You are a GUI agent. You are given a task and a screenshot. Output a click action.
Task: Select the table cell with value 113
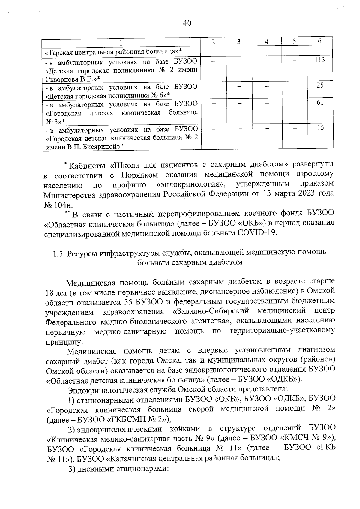click(x=320, y=60)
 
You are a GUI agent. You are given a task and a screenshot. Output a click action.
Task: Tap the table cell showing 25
click(x=320, y=85)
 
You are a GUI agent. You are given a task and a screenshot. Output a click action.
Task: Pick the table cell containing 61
click(x=320, y=103)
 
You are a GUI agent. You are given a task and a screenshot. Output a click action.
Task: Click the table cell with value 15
click(x=320, y=128)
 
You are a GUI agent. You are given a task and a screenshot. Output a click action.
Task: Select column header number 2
click(x=213, y=42)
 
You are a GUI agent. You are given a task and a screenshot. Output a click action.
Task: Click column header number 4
click(x=266, y=42)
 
